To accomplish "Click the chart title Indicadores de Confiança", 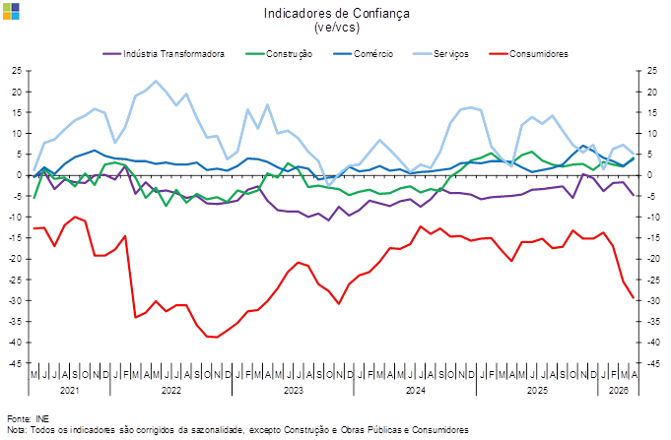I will (336, 13).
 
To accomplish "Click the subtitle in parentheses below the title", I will (336, 28).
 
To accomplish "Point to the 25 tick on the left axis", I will (17, 71).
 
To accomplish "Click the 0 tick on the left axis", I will (20, 175).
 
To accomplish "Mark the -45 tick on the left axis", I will (16, 362).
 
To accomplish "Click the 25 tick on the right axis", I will (652, 71).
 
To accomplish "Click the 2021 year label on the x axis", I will (69, 390).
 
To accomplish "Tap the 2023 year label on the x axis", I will (293, 390).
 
